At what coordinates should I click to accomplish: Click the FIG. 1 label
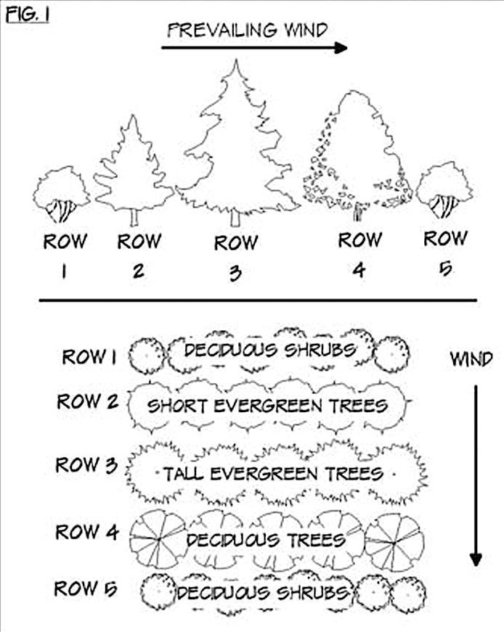tap(28, 14)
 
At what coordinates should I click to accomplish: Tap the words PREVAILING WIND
tap(248, 30)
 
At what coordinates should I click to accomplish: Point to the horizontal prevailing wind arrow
tap(254, 49)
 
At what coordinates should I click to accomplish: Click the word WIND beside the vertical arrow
tap(471, 358)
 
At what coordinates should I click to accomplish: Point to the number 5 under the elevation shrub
tap(445, 268)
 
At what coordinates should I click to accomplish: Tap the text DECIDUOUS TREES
tap(265, 540)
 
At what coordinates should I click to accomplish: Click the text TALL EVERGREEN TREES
tap(272, 475)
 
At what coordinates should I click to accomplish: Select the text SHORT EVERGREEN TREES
tap(267, 406)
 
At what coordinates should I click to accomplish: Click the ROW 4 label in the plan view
tap(86, 532)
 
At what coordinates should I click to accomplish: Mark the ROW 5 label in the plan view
tap(86, 588)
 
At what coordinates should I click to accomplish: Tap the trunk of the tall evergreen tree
tap(235, 218)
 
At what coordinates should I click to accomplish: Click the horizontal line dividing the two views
tap(258, 299)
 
